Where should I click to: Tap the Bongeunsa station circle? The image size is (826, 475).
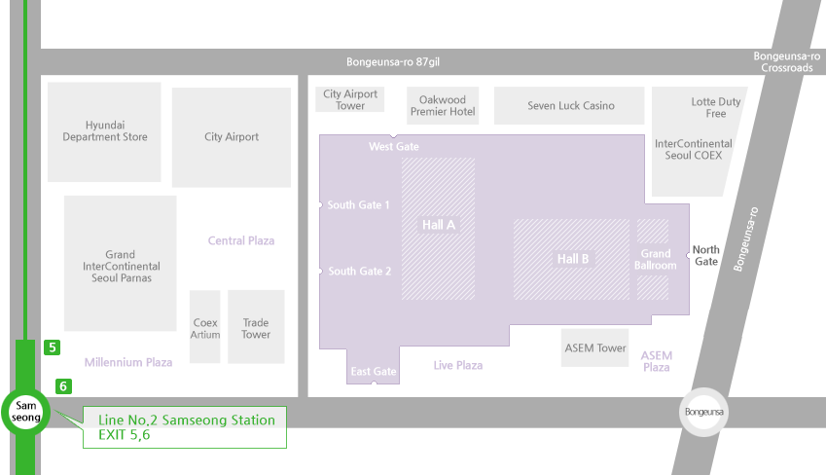[703, 413]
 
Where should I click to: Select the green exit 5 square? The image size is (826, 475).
[53, 347]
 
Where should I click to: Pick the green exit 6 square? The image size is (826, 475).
[64, 385]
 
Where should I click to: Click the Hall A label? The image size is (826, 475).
[439, 225]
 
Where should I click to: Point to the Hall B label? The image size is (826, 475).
[573, 259]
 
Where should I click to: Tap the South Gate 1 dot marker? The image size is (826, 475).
[320, 204]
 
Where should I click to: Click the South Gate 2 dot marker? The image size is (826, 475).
[320, 271]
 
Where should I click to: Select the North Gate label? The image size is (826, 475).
[706, 256]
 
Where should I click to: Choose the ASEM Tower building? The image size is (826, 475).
[595, 347]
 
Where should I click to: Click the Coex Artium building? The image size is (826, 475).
[205, 327]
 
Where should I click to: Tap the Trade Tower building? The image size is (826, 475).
[256, 327]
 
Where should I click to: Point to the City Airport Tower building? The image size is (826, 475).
[350, 99]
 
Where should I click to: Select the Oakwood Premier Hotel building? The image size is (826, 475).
[443, 105]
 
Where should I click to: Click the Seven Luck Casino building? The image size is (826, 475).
[570, 105]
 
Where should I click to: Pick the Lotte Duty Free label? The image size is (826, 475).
[716, 107]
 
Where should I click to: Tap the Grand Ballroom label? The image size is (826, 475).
[655, 259]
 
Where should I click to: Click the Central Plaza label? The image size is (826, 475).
[241, 240]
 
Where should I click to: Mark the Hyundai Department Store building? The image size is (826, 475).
[105, 131]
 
